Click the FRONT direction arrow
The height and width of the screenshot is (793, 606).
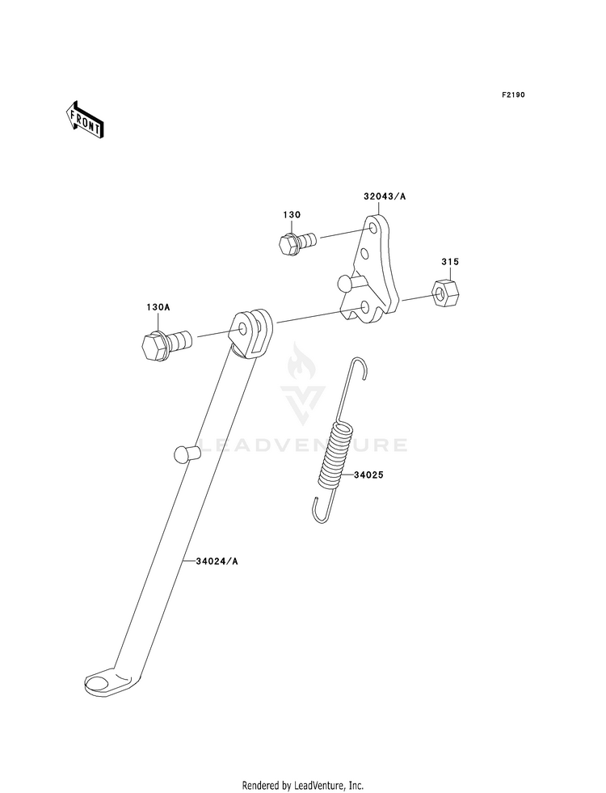point(85,120)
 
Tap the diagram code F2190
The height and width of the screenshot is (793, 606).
point(513,95)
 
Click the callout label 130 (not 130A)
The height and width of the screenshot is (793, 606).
point(291,215)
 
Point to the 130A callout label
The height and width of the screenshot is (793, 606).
point(158,308)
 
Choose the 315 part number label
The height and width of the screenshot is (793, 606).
point(450,262)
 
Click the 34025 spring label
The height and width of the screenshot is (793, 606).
point(368,475)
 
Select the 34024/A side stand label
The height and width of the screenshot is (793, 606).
point(217,560)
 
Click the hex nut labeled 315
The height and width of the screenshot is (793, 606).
point(444,294)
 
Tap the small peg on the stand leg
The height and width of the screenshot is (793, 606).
point(183,454)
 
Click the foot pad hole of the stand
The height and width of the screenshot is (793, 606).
point(99,684)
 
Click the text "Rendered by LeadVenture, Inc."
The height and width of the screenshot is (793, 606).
point(303,785)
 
